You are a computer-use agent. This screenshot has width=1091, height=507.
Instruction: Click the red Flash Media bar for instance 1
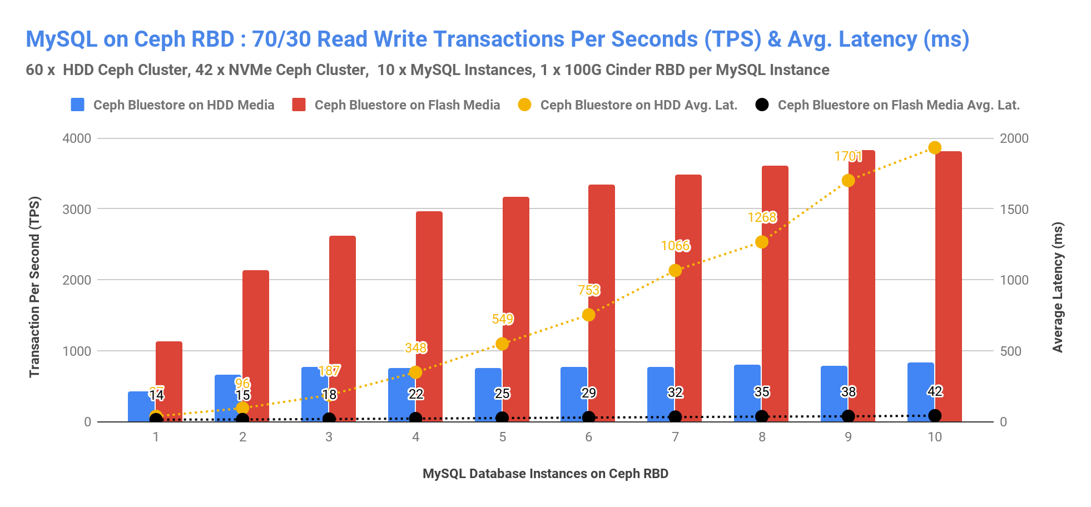(x=169, y=367)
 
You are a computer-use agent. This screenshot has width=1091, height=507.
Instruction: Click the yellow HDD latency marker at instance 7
(x=675, y=270)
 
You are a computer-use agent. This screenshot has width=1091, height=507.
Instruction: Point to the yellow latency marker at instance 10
(x=935, y=147)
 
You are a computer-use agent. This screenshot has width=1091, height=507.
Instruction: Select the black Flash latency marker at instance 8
(x=762, y=416)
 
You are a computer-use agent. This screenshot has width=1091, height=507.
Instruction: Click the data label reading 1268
(x=762, y=217)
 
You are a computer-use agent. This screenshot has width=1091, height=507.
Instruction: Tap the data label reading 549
(x=503, y=319)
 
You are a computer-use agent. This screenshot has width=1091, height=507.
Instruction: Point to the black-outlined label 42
(x=935, y=391)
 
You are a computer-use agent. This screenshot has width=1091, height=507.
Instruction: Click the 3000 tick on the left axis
(x=77, y=209)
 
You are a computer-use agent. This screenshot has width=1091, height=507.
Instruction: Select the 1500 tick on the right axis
(x=1014, y=209)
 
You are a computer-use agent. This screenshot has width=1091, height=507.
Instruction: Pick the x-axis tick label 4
(x=416, y=437)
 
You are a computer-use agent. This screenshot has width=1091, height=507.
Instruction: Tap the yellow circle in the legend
(x=524, y=105)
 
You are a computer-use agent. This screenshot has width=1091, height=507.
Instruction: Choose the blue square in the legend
(x=78, y=105)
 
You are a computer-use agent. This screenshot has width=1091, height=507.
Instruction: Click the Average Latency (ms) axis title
(x=1057, y=287)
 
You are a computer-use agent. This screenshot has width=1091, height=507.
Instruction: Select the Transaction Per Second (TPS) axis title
(x=34, y=287)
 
